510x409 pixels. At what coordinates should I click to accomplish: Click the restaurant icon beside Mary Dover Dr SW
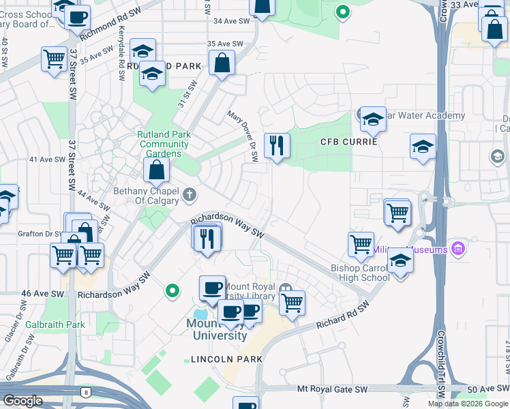pos(276,146)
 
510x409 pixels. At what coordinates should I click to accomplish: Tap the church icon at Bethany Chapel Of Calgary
pos(190,196)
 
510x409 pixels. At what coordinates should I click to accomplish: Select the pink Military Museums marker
pos(457,249)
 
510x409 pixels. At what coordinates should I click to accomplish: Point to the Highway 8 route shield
pos(85,392)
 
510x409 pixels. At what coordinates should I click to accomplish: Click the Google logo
pos(22,401)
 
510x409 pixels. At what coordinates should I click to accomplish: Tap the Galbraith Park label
pos(55,324)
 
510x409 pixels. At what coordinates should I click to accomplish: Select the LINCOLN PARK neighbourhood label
pos(226,359)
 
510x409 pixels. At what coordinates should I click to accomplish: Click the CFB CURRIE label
pos(348,142)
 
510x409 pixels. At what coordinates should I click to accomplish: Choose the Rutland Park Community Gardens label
pos(164,144)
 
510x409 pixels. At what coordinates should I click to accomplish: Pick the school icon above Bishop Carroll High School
pos(400,261)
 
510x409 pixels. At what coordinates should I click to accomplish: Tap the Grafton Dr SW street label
pos(40,233)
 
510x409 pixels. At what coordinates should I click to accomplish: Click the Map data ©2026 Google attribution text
pos(467,404)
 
